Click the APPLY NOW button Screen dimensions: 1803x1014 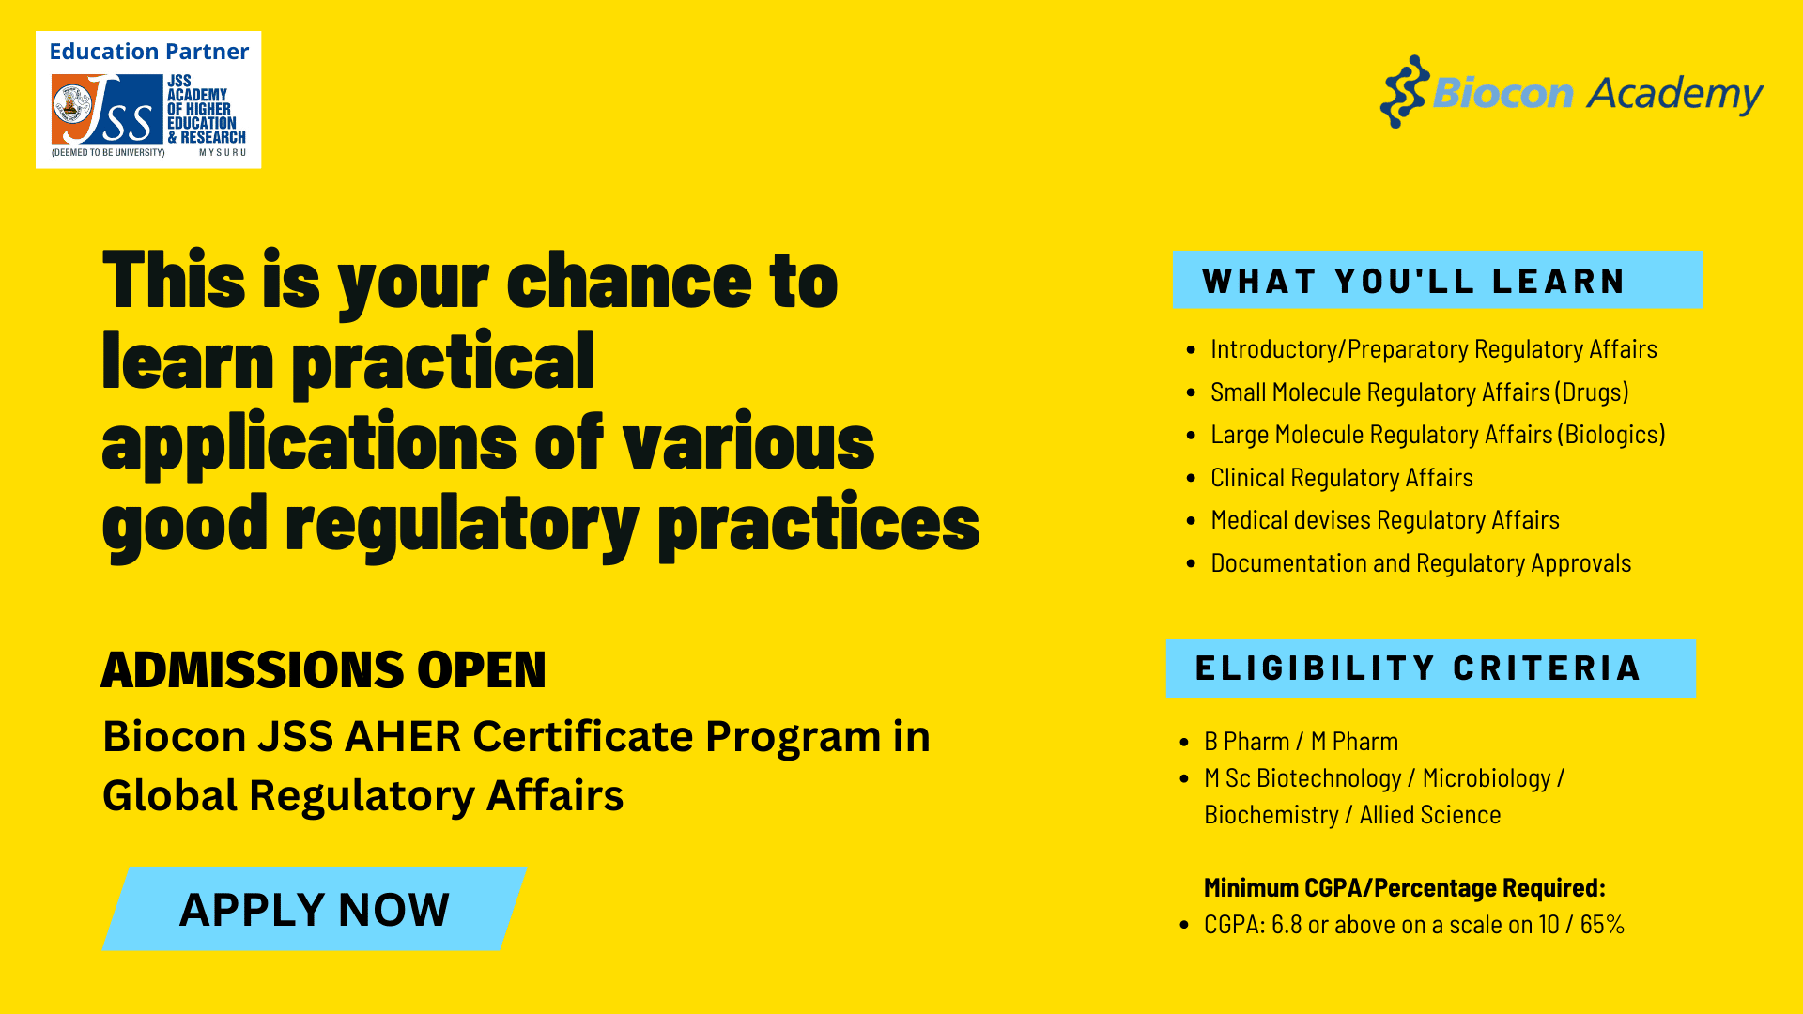(315, 909)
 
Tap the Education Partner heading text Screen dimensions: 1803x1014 (149, 52)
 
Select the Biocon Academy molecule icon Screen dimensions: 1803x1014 (1405, 91)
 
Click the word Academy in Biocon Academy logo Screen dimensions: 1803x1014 (1675, 94)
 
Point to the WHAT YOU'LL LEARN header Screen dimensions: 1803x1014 (1438, 280)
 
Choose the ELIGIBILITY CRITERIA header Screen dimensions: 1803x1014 (1430, 668)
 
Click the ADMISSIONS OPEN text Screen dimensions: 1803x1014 (324, 669)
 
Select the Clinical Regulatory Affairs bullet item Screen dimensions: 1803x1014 (1342, 478)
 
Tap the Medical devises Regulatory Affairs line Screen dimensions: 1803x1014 (1385, 520)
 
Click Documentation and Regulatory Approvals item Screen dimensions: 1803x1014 (1421, 563)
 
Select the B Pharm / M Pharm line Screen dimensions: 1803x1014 (1302, 742)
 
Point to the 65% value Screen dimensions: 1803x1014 (1602, 925)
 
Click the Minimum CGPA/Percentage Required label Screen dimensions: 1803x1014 (1405, 888)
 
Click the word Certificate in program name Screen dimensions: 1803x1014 (583, 736)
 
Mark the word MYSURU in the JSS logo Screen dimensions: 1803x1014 (223, 152)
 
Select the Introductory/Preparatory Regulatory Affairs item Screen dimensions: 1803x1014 (1434, 349)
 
